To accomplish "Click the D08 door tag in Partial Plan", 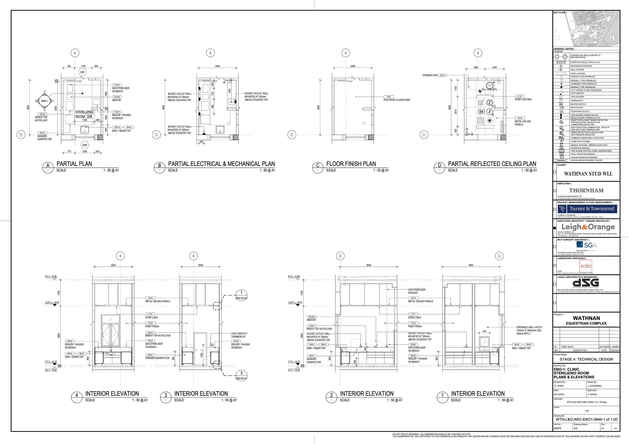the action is [x=82, y=72].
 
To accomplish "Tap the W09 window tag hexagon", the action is [x=85, y=145].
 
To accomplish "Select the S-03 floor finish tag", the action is [x=389, y=97].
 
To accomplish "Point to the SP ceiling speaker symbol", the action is [x=489, y=86].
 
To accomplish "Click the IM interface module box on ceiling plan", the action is [x=481, y=112].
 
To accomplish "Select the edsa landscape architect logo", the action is [x=586, y=266].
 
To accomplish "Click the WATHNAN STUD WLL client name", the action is [x=588, y=174].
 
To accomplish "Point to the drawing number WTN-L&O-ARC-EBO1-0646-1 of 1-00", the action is [x=586, y=419].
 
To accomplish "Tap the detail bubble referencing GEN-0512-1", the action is [x=241, y=376].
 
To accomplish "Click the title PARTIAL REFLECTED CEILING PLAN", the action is [x=492, y=164].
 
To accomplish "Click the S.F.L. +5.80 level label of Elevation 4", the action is [x=51, y=276].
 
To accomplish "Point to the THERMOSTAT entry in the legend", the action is [x=577, y=100].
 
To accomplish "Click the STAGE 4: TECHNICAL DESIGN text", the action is [x=586, y=359].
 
